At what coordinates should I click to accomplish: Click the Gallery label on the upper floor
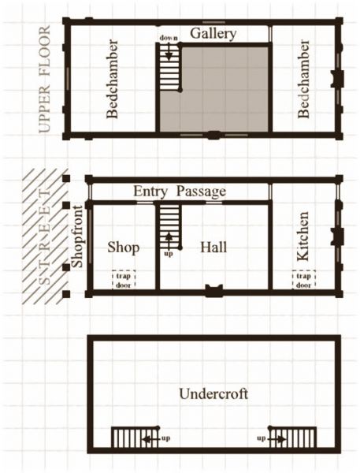[x=213, y=32]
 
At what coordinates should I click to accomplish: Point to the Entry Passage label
[x=180, y=192]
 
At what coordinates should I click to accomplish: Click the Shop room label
[x=123, y=248]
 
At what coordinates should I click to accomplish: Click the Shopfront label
[x=76, y=235]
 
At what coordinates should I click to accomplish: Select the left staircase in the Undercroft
[x=126, y=438]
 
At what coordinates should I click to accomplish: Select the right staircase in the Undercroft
[x=293, y=438]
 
